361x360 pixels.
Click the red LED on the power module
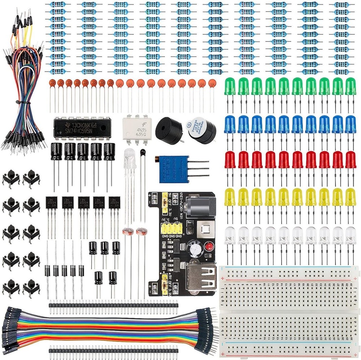[x=208, y=247]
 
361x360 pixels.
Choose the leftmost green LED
[x=230, y=87]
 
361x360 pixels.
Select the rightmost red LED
[x=350, y=159]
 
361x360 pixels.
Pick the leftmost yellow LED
[x=230, y=196]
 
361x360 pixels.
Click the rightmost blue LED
[x=350, y=124]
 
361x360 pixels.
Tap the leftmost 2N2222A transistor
[x=51, y=204]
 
